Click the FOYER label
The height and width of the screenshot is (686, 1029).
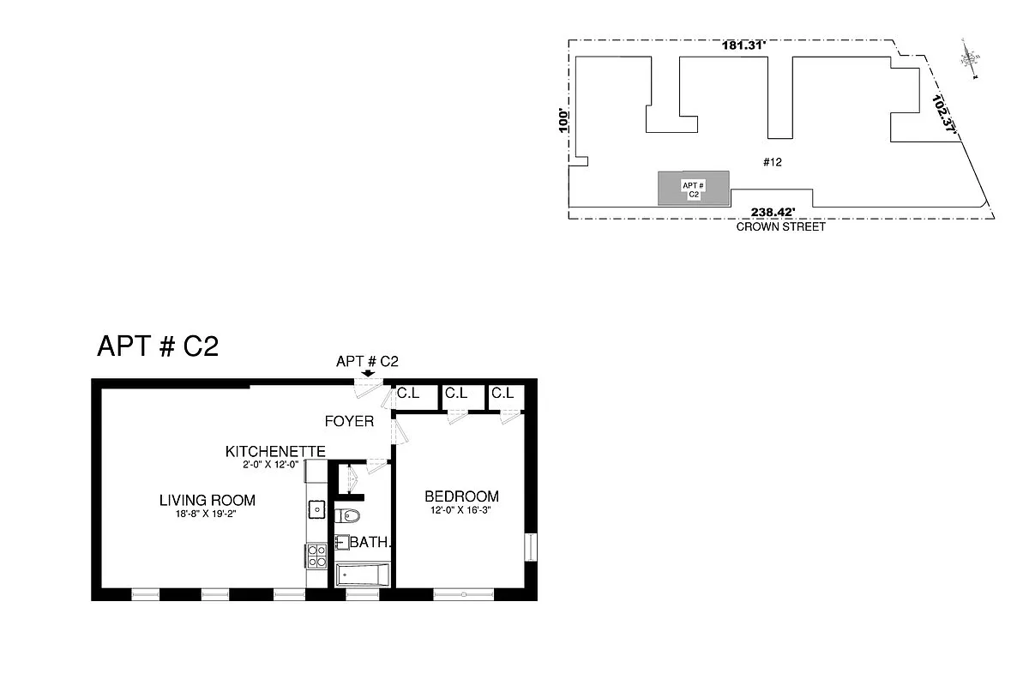coord(349,421)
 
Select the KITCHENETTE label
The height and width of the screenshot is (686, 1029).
coord(274,451)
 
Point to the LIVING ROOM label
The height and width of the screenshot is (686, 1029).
coord(208,500)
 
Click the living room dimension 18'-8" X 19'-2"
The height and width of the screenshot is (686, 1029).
coord(208,514)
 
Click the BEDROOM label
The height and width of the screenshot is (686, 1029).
coord(461,496)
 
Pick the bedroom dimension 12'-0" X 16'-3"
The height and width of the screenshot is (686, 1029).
coord(461,510)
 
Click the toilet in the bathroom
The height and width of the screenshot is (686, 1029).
coord(348,516)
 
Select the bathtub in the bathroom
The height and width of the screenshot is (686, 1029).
coord(363,575)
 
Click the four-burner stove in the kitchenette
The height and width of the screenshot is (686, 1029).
coord(316,556)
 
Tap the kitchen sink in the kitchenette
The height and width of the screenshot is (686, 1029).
coord(316,509)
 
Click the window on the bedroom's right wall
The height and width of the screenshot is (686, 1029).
coord(530,547)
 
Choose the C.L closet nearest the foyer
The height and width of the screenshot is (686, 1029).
coord(407,394)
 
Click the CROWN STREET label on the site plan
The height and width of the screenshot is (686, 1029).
coord(780,227)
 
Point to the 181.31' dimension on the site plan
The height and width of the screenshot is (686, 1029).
coord(743,46)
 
